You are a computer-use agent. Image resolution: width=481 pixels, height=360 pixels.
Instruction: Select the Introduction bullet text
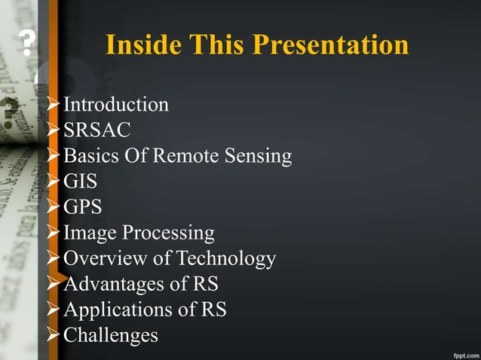pyautogui.click(x=116, y=105)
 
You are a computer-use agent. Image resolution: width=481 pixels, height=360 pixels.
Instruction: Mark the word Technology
pyautogui.click(x=225, y=259)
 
